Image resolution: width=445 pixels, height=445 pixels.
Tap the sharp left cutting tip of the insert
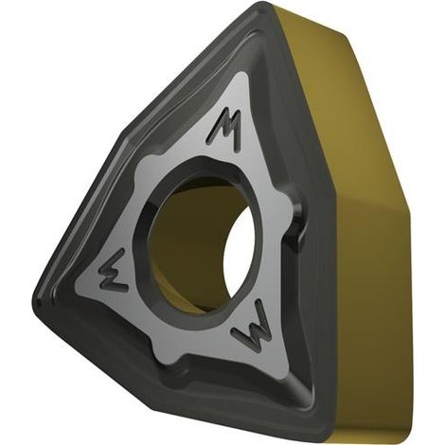click(36, 302)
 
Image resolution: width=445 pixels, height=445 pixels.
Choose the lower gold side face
click(372, 315)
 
